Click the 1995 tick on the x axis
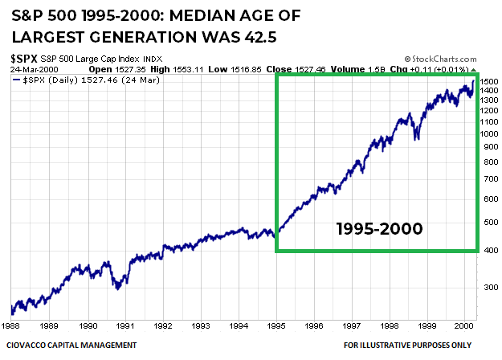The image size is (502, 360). tap(277, 326)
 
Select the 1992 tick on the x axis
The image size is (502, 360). tap(164, 326)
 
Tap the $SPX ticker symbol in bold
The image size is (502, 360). tap(23, 59)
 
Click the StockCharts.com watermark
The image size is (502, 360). tap(441, 59)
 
